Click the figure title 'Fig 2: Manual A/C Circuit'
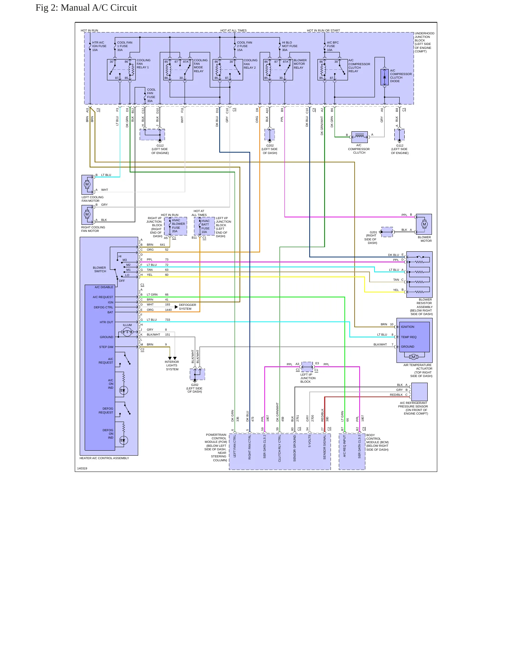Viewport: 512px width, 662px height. coord(86,8)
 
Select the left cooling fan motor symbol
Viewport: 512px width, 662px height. coord(87,184)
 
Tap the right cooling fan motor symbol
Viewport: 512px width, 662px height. coord(87,215)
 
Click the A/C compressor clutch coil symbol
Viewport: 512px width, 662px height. coord(360,137)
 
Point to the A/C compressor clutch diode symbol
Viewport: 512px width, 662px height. coord(385,77)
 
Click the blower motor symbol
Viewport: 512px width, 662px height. coord(424,224)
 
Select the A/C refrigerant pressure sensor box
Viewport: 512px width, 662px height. coord(419,392)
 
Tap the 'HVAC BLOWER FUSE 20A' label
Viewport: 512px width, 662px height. coord(178,226)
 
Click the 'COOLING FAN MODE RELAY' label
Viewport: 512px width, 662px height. coord(201,66)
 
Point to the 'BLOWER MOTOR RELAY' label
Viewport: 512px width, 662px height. coord(300,64)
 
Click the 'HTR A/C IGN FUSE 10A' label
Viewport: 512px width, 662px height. coord(99,46)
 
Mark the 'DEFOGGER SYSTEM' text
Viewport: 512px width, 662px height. coord(187,307)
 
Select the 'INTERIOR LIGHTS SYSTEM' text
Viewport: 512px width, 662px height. coord(172,366)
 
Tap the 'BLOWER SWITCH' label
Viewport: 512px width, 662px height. coord(100,269)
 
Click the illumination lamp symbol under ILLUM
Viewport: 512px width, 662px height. coord(127,332)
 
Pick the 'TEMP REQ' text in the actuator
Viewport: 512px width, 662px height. coord(409,337)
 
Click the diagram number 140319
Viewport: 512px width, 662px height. coord(82,468)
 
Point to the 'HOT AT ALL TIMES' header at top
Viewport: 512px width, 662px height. coord(234,30)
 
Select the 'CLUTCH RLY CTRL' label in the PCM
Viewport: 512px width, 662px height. coord(280,449)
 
